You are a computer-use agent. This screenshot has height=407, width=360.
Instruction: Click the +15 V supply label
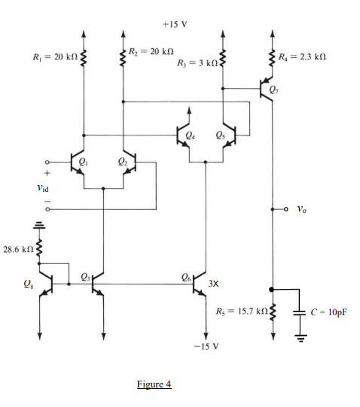click(x=175, y=23)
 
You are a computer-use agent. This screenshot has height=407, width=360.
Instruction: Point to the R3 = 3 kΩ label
click(x=194, y=62)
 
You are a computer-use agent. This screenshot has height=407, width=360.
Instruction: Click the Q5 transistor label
click(x=219, y=136)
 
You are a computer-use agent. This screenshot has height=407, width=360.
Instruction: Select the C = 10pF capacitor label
click(x=328, y=310)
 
